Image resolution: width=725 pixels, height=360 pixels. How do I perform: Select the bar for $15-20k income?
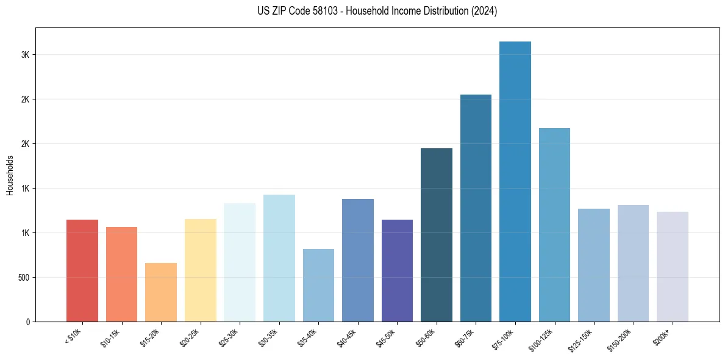tap(161, 292)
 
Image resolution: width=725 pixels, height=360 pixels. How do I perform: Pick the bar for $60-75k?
tap(476, 208)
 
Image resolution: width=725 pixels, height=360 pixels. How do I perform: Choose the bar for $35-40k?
tap(318, 285)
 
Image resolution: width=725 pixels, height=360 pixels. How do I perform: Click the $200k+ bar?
tap(672, 267)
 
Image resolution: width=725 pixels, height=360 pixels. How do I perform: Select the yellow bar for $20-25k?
tap(201, 270)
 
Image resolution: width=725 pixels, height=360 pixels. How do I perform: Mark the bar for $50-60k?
tap(437, 235)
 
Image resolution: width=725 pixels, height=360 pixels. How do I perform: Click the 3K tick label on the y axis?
tap(26, 55)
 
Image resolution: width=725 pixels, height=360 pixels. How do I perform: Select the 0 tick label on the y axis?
tap(28, 322)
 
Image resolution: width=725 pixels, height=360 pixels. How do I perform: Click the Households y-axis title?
tap(10, 175)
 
